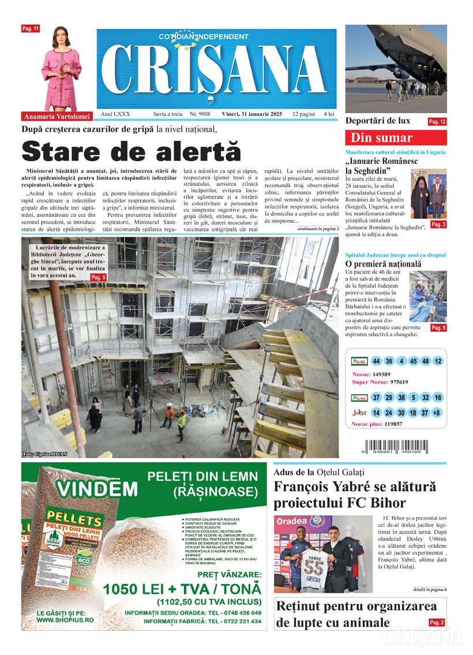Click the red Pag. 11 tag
30,28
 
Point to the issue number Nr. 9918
200,114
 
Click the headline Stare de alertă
131,151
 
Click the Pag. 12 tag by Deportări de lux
437,122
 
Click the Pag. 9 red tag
438,328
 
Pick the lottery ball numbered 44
377,361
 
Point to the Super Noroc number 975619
399,382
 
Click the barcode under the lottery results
406,447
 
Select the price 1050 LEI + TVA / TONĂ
182,589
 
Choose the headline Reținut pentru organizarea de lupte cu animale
350,615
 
